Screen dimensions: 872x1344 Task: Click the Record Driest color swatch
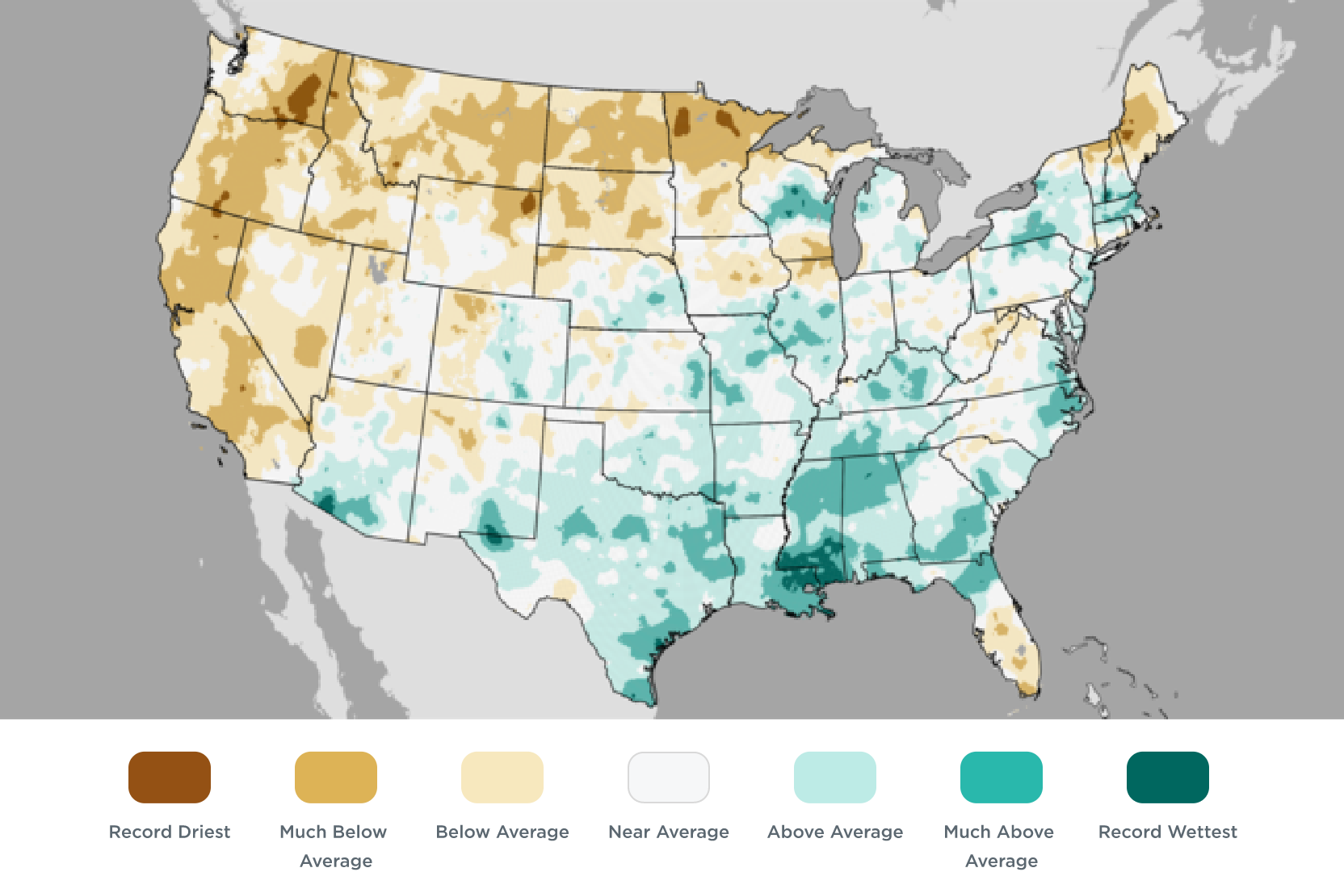[170, 777]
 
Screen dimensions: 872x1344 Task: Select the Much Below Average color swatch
[336, 777]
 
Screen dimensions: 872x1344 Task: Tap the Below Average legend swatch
[502, 777]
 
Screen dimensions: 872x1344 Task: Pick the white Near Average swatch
[669, 777]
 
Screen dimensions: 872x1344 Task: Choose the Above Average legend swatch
[835, 777]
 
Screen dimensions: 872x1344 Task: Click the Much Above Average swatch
[1002, 777]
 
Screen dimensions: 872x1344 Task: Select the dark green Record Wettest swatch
[1168, 777]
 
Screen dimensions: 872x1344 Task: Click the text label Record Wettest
[1168, 832]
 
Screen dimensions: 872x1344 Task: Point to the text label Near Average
[669, 832]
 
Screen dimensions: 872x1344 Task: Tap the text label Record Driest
[170, 832]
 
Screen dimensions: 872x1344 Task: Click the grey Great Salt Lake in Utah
[376, 268]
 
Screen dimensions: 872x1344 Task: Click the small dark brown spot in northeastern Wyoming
[527, 203]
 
